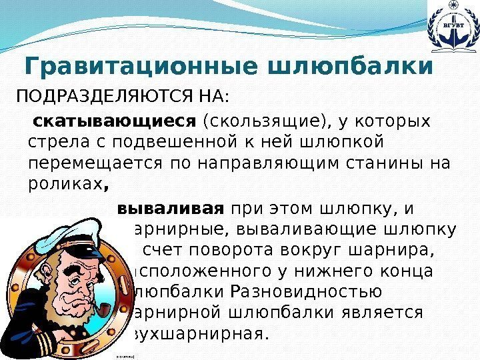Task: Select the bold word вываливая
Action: click(169, 208)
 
